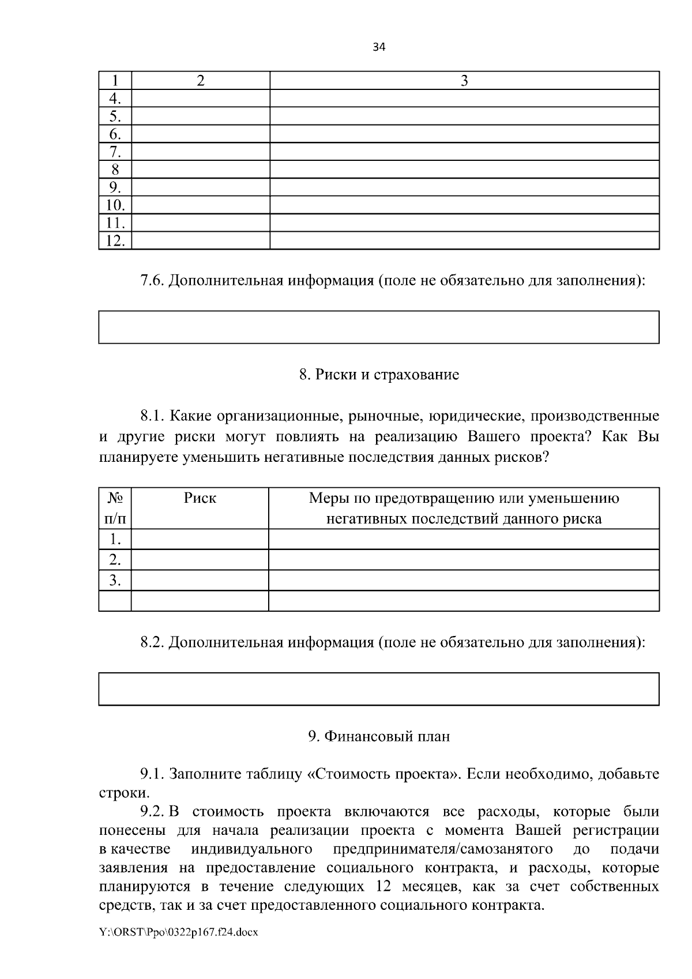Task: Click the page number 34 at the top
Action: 378,48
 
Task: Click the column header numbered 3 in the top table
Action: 464,81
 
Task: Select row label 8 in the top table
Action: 115,170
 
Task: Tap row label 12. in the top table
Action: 115,241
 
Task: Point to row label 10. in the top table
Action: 115,205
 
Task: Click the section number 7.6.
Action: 152,281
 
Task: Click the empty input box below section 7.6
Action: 378,327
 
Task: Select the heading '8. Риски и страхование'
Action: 379,375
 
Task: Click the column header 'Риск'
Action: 200,498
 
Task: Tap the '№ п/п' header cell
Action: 115,508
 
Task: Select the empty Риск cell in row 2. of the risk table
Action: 200,560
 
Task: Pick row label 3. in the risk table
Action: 115,580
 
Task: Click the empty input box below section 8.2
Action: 378,689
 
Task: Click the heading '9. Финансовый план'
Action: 379,736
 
